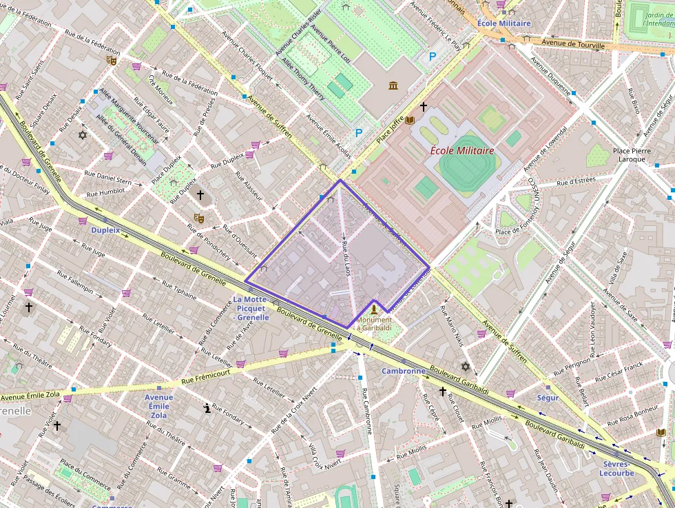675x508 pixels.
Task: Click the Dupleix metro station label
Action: (105, 230)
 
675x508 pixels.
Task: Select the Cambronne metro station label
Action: (404, 371)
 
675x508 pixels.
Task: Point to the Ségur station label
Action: (548, 398)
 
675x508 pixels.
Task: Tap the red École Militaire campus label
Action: (462, 150)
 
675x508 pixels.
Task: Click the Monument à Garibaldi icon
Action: (375, 309)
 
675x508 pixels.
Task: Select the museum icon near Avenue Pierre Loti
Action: (393, 85)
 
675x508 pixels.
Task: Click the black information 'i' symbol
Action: (207, 408)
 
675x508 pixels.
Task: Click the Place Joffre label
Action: (391, 132)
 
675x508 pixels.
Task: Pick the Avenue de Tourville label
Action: (572, 44)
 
